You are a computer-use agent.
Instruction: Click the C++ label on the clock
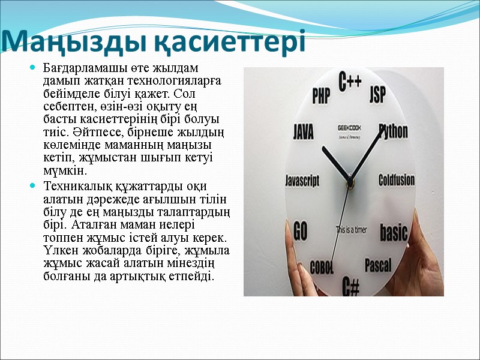pos(350,82)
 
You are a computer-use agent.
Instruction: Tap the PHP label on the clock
pos(322,95)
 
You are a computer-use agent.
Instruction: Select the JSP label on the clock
pos(377,94)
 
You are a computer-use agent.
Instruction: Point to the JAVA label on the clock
pos(303,131)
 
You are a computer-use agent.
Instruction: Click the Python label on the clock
pos(394,131)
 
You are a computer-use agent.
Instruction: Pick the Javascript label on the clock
pos(302,180)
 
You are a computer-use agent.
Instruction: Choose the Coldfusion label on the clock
pos(397,179)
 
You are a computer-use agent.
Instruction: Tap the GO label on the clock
pos(300,230)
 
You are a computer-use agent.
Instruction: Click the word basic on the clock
pos(394,232)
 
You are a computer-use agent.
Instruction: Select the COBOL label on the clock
pos(322,267)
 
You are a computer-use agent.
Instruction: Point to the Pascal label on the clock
pos(378,265)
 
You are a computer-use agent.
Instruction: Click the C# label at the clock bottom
pos(350,286)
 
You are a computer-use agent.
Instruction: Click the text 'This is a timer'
pos(352,229)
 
